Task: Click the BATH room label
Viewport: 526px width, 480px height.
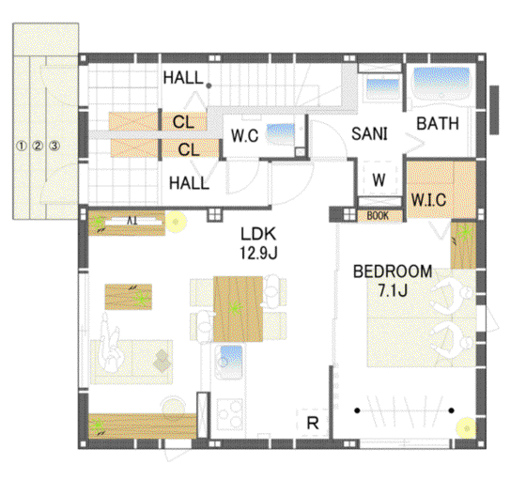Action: [438, 123]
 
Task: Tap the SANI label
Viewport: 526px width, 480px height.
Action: [369, 133]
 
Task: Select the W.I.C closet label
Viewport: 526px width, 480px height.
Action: [428, 200]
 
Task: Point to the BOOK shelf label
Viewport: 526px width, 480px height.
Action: [378, 216]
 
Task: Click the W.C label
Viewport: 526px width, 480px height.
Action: [244, 136]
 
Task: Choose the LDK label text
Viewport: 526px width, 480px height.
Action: [258, 234]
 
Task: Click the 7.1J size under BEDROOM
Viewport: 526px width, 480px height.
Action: [393, 290]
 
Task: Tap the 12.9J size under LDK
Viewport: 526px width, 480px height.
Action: [258, 253]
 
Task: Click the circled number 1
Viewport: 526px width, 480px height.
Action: [22, 146]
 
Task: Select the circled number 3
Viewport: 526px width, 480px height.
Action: [54, 146]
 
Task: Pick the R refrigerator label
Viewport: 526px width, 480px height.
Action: [313, 424]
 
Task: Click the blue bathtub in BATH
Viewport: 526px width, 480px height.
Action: [441, 82]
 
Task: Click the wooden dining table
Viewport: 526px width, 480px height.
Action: [238, 309]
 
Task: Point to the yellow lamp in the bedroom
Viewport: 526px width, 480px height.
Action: [466, 428]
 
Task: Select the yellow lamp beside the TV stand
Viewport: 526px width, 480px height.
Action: [177, 222]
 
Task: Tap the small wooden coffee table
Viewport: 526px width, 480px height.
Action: [129, 297]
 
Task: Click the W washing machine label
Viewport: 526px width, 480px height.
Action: [379, 180]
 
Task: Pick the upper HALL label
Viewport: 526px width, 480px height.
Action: [183, 78]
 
